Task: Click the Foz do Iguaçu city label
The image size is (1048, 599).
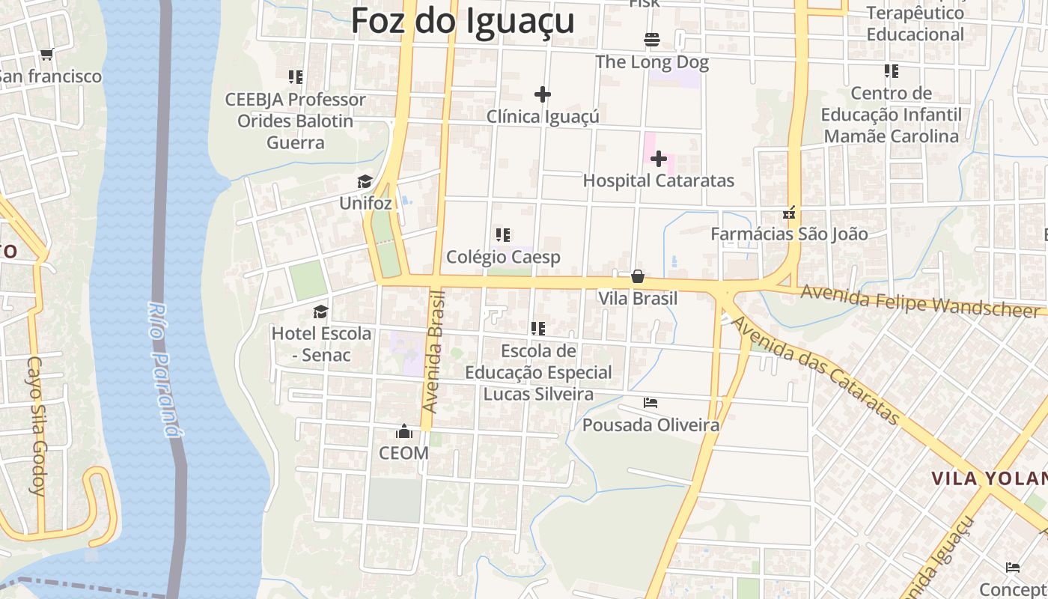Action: (463, 21)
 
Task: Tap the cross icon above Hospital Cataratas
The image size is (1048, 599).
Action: (659, 159)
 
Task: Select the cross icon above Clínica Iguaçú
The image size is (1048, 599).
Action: (543, 94)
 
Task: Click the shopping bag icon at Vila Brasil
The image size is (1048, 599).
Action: (638, 276)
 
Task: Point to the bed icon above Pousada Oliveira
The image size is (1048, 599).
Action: (651, 403)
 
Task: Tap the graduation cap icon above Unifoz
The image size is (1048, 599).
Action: (365, 182)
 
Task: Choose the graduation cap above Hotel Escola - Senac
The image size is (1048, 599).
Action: (321, 311)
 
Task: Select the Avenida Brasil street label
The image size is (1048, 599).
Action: (433, 352)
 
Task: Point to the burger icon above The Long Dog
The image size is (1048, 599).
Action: (651, 39)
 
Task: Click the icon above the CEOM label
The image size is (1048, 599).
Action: (404, 431)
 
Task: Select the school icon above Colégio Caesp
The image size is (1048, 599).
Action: (503, 235)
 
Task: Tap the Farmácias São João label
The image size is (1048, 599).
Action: (789, 234)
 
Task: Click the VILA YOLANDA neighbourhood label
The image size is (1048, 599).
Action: (989, 478)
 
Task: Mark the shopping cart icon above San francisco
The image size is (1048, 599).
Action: (47, 54)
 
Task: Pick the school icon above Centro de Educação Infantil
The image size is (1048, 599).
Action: (891, 71)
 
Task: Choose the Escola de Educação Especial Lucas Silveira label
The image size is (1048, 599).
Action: (538, 372)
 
